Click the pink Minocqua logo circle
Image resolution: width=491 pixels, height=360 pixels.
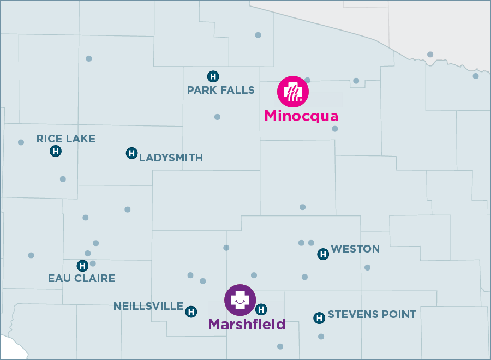click(293, 92)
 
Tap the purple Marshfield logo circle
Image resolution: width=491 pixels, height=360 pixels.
click(240, 300)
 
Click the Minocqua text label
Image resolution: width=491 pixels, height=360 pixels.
click(301, 116)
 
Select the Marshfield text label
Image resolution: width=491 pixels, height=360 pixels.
click(247, 325)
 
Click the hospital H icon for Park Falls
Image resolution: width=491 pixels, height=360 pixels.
click(213, 76)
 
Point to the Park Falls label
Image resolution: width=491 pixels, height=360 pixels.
click(221, 90)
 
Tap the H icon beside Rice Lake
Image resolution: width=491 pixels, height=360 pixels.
click(55, 151)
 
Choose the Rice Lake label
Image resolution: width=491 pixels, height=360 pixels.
click(66, 139)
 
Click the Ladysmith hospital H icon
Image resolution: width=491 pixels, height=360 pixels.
click(131, 153)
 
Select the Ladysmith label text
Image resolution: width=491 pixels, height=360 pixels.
click(171, 158)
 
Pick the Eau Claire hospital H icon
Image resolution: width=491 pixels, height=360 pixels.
click(82, 266)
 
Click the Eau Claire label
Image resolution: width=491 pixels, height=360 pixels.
click(82, 279)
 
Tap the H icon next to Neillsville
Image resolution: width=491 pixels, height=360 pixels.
click(191, 311)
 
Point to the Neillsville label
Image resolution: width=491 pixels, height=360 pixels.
click(148, 307)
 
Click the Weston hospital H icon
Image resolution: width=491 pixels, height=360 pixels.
click(323, 254)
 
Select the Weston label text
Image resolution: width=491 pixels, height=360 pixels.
click(355, 249)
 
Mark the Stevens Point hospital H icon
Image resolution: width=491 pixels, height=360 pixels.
click(319, 318)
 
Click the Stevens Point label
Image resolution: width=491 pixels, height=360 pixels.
click(372, 315)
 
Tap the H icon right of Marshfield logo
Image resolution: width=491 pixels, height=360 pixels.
click(261, 309)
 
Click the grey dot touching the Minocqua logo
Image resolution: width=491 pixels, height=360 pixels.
click(308, 80)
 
